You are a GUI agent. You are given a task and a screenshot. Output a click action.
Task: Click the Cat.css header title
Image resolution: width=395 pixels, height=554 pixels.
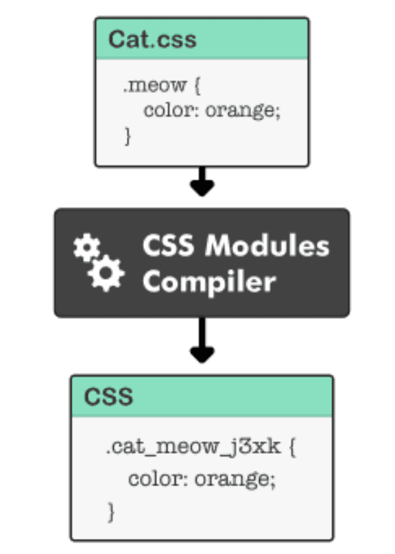pos(152,39)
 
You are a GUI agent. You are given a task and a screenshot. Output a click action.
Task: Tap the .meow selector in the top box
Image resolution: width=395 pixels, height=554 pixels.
pos(154,86)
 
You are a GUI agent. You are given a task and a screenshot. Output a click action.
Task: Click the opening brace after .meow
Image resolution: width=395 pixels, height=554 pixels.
pos(197,86)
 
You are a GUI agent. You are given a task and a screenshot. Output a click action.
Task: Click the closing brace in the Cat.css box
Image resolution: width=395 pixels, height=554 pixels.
pos(128,137)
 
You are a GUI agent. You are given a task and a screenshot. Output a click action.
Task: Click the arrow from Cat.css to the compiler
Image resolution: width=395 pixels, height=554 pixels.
pos(202,181)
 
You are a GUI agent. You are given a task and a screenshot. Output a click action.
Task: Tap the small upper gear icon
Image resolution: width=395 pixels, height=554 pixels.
pos(87,247)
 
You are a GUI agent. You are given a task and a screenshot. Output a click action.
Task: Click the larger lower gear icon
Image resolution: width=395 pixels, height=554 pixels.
pos(106,273)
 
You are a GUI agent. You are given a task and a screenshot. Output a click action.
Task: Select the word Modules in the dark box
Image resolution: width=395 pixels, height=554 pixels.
pos(267,245)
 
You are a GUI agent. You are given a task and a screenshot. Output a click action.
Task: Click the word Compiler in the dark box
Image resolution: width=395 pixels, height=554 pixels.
pos(209,282)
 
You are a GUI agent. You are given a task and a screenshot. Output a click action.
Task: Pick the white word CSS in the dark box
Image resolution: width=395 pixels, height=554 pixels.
pos(169,245)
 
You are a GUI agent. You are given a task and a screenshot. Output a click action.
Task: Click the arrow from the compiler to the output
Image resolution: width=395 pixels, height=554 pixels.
pos(202,340)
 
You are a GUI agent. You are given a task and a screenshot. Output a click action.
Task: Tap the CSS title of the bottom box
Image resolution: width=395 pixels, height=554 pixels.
pos(109,396)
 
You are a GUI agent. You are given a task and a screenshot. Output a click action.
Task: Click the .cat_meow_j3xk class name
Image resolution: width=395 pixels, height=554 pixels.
pos(193,447)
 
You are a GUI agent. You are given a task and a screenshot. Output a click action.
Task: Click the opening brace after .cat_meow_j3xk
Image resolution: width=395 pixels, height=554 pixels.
pos(292,448)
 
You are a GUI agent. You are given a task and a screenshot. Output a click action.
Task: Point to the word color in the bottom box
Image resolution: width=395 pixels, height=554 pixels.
pos(154,479)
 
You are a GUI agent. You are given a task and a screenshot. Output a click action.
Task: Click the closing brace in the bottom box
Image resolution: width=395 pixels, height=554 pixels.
pos(111,512)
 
